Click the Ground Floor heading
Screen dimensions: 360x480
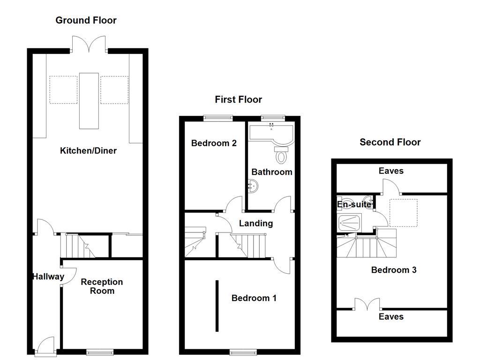(86, 20)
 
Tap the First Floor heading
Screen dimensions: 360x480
(238, 99)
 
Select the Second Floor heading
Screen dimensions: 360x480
(390, 142)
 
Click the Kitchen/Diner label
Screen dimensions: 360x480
(88, 150)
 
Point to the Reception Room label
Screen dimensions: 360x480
(102, 286)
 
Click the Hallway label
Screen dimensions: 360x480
(48, 277)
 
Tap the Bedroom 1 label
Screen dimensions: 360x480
(254, 298)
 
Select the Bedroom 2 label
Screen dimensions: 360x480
(213, 143)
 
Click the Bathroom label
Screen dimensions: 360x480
(271, 172)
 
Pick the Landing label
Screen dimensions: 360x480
(255, 223)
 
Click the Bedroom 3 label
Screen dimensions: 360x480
(394, 270)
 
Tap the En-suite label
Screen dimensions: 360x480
(354, 204)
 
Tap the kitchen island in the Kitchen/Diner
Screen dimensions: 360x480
(89, 100)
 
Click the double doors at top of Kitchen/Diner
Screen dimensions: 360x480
(89, 45)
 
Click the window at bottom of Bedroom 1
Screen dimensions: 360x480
(242, 352)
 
